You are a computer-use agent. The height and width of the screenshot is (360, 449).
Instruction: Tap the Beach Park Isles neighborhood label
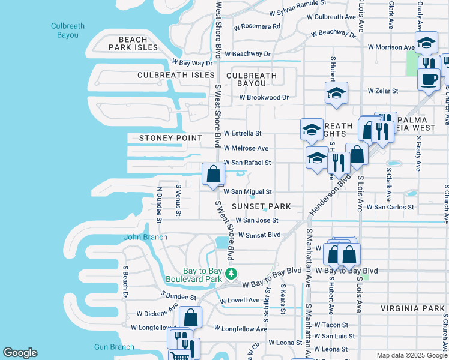(x=133, y=43)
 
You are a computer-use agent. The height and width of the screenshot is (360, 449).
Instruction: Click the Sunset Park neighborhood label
(x=261, y=206)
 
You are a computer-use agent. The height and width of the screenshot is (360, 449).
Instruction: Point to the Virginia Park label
(x=412, y=308)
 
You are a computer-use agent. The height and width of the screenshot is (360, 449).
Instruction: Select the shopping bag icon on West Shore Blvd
(x=213, y=175)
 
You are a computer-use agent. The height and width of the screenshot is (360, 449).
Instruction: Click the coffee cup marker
(x=429, y=79)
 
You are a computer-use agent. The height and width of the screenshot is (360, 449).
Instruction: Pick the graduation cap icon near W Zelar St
(x=336, y=93)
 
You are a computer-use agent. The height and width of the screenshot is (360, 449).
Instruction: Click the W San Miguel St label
(x=247, y=192)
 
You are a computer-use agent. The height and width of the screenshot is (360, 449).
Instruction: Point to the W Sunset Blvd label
(x=259, y=235)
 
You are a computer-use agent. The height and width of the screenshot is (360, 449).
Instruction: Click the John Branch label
(x=142, y=237)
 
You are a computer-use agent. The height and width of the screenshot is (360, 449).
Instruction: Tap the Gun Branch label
(x=114, y=347)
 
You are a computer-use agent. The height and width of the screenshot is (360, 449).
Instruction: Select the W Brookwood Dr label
(x=264, y=97)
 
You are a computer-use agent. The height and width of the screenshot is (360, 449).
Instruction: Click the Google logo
(x=20, y=353)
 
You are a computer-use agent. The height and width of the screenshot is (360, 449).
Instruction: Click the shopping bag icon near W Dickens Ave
(x=190, y=317)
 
